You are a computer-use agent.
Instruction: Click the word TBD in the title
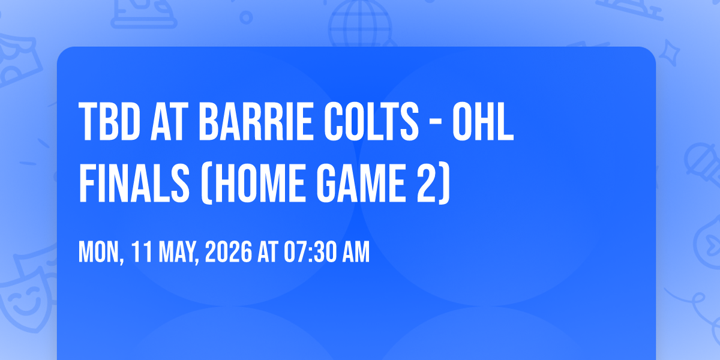(x=109, y=122)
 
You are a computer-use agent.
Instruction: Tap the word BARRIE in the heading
(x=256, y=122)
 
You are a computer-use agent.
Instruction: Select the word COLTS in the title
(x=371, y=122)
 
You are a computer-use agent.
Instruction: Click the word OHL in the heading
(x=483, y=122)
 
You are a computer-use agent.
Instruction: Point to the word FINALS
(x=134, y=183)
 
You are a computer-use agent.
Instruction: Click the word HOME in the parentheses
(x=259, y=183)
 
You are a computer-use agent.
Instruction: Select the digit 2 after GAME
(x=427, y=183)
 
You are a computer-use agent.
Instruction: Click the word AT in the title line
(x=170, y=122)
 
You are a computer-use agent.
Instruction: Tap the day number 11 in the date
(x=142, y=253)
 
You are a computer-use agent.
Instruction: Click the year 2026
(x=228, y=253)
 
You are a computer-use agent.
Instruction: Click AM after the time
(x=356, y=253)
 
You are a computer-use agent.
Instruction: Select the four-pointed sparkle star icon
(x=670, y=53)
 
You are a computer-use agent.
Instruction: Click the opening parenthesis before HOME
(x=206, y=184)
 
